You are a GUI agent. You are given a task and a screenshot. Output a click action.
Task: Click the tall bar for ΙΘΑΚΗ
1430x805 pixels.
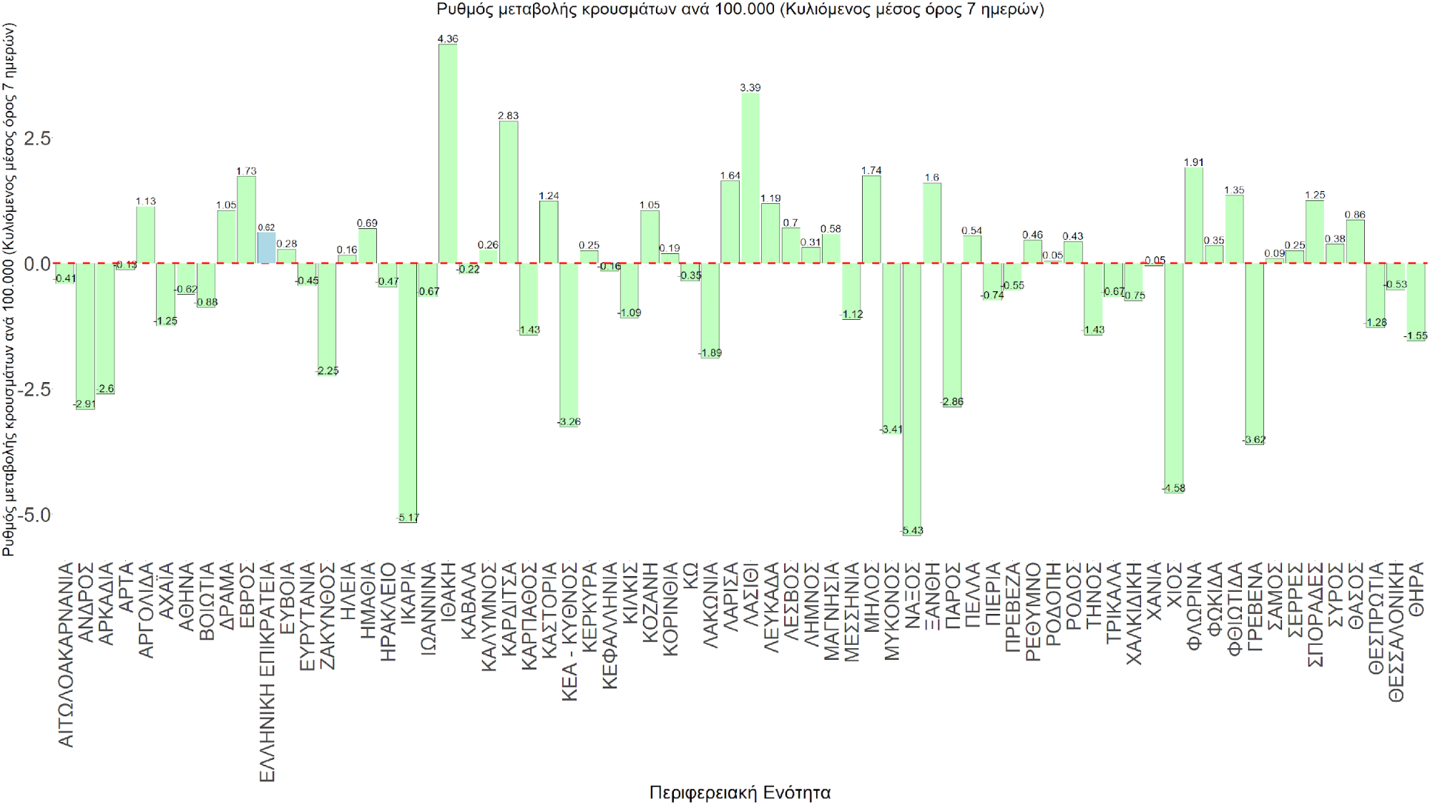coord(448,154)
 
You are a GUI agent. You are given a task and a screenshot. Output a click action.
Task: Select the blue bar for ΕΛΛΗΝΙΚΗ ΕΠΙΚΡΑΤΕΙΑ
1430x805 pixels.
coord(266,248)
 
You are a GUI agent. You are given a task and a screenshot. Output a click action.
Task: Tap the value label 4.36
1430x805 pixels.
coord(448,39)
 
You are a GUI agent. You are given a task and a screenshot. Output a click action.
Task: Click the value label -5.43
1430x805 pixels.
coord(912,530)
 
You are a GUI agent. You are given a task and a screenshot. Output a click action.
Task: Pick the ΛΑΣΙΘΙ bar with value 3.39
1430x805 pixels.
coord(750,178)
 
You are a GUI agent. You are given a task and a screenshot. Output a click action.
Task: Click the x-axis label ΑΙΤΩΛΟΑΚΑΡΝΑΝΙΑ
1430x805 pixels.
coord(66,655)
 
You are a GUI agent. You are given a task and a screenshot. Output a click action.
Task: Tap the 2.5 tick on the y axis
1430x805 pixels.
coord(37,138)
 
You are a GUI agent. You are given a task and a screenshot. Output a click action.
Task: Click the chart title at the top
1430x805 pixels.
coord(740,9)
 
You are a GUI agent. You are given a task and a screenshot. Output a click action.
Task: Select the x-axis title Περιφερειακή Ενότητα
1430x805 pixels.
coord(740,792)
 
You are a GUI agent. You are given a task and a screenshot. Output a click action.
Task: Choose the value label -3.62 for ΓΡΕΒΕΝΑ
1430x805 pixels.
coord(1255,439)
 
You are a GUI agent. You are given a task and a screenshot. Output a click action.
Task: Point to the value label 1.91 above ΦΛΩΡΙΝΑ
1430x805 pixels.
coord(1194,162)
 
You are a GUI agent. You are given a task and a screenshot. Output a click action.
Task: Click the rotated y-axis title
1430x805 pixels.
coord(9,290)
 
